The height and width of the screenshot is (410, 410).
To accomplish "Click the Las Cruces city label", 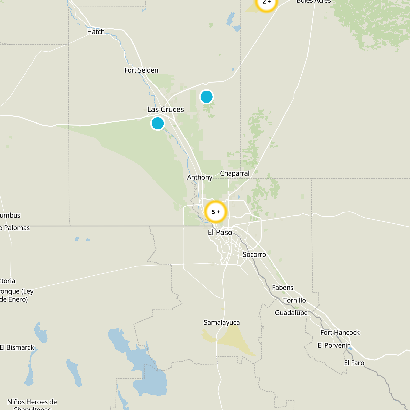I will point(166,109).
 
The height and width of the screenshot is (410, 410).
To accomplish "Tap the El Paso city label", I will point(220,232).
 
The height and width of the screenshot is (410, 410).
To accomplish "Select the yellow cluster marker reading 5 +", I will point(216,212).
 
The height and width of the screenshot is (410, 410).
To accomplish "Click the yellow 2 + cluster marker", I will point(266,3).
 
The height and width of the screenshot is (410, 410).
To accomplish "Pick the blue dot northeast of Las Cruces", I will point(207,97).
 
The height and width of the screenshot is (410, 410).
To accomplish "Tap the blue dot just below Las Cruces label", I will point(158,123).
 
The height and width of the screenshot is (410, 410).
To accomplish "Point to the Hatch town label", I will point(96,32).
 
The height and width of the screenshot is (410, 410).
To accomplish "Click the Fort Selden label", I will point(141,70).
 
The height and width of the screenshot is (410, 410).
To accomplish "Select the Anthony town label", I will point(200,177).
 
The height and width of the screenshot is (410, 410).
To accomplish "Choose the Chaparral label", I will point(234,173).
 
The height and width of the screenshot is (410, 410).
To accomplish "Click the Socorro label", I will point(254,254).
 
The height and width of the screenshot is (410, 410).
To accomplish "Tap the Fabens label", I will point(283,288).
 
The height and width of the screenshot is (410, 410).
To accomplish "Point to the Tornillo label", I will point(294,300).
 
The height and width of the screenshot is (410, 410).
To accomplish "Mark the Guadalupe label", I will point(291,313).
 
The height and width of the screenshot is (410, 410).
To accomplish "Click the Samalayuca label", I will point(222,322).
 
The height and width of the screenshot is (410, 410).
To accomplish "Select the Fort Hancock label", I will point(340,332).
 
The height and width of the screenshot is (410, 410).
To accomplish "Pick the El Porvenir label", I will point(333,345).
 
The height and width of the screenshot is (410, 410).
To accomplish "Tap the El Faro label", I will point(354,363).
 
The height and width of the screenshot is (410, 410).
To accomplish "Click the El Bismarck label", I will point(17,347).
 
